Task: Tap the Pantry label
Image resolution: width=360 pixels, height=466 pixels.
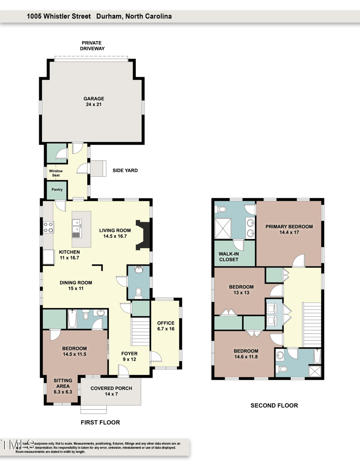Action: click(57, 190)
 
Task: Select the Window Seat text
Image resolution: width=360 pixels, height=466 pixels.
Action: click(56, 173)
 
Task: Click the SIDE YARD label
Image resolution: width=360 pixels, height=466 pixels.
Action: click(125, 171)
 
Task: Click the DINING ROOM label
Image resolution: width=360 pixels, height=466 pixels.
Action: click(76, 283)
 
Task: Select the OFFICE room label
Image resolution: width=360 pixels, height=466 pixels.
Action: click(165, 323)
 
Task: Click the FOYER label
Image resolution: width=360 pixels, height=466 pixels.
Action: click(130, 353)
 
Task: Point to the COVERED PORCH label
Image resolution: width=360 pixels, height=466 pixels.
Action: click(111, 388)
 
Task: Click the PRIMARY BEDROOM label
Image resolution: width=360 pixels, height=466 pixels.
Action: click(288, 226)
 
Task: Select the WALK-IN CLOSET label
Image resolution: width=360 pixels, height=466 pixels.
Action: click(228, 257)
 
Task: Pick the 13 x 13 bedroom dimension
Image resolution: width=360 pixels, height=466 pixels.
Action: click(241, 293)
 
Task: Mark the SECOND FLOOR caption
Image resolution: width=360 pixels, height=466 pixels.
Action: click(274, 406)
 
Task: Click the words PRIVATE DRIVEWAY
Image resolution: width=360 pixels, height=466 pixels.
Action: click(92, 45)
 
